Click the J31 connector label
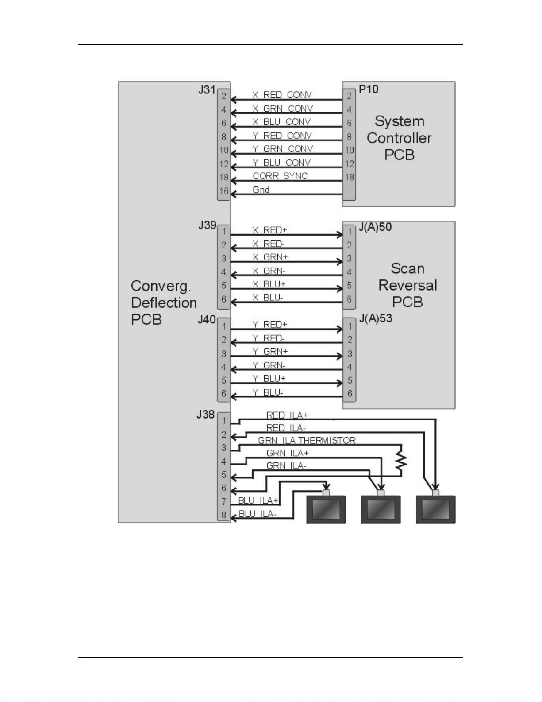[x=207, y=89]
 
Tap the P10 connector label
[x=369, y=89]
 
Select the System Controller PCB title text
[x=399, y=138]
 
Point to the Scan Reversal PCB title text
[x=407, y=285]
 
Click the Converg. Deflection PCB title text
[x=164, y=303]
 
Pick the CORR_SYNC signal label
[x=280, y=176]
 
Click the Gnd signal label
[x=261, y=190]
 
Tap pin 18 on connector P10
[x=350, y=177]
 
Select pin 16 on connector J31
[x=224, y=191]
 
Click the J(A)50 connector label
[x=375, y=227]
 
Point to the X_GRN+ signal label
[x=270, y=257]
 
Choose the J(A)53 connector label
[x=376, y=318]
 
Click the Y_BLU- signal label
[x=268, y=392]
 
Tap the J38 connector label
[x=205, y=415]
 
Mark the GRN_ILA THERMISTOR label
[x=307, y=440]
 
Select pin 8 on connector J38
[x=224, y=515]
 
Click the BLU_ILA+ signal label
[x=258, y=501]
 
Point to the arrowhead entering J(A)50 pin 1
[x=339, y=235]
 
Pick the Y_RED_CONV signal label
[x=282, y=136]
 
